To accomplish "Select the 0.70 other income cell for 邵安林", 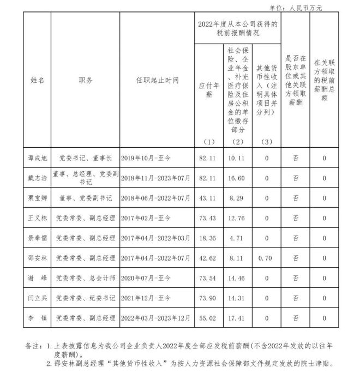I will tap(266, 257).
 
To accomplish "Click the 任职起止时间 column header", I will tap(157, 80).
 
